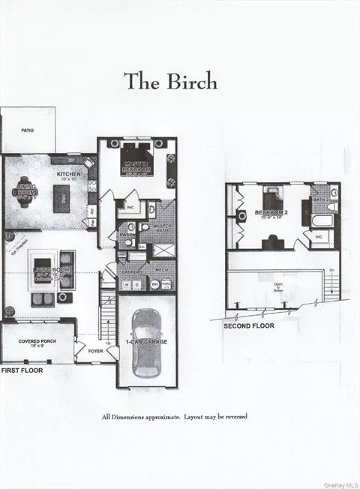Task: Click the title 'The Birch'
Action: [170, 81]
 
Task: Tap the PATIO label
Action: [27, 130]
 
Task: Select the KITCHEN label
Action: [69, 175]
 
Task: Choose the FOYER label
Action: [96, 350]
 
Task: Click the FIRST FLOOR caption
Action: [22, 370]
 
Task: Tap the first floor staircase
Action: [108, 315]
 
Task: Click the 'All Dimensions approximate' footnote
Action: [175, 416]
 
